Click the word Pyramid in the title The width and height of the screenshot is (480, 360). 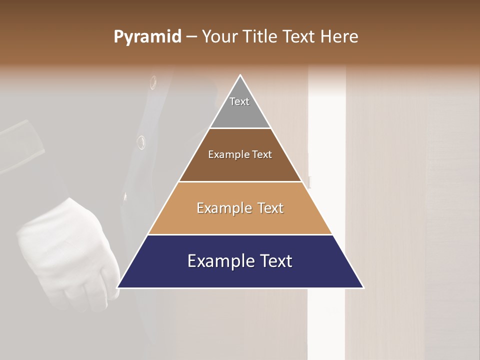coord(147,37)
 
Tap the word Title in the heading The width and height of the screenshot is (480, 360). coord(261,37)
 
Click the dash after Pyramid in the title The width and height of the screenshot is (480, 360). coord(191,37)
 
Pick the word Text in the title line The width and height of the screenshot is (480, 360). coord(300,37)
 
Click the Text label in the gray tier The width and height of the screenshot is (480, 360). coord(239,101)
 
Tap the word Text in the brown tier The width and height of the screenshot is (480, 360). coord(262,154)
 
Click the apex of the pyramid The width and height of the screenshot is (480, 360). coord(240,75)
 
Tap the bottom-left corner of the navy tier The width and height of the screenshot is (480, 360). coord(117,287)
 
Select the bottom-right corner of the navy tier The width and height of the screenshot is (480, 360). coord(363,287)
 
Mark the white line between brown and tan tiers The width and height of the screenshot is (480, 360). coord(240,181)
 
